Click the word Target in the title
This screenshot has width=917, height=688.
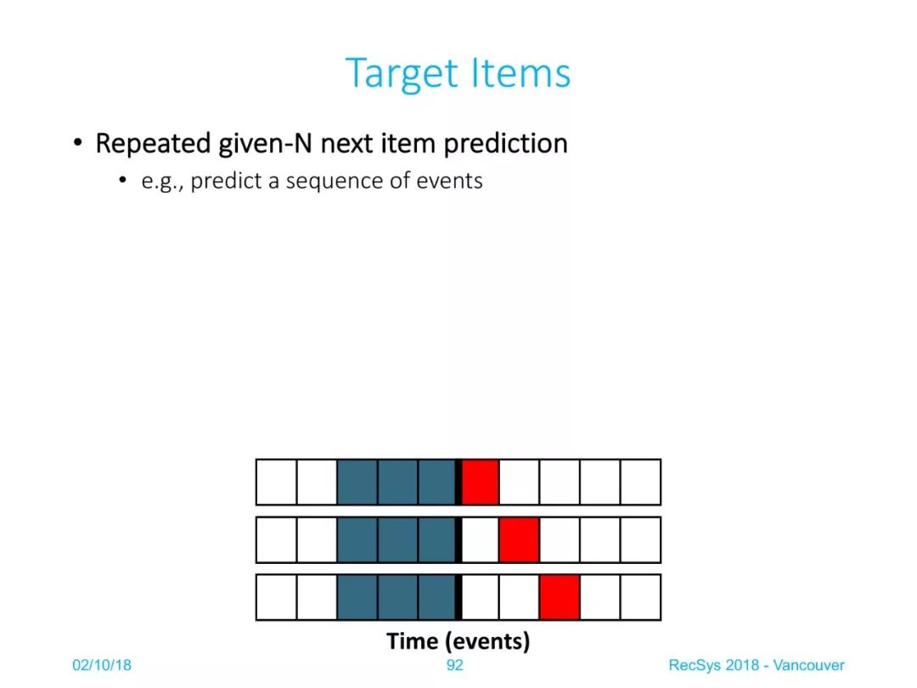tap(401, 74)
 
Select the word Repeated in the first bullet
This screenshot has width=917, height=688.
tap(153, 144)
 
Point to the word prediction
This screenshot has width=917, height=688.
tap(505, 144)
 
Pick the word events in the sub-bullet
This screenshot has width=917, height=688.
tap(449, 181)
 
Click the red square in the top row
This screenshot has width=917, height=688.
tap(480, 482)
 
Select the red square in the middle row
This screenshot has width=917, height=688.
tap(520, 540)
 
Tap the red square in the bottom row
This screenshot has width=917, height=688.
tap(560, 597)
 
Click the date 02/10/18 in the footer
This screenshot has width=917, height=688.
tap(102, 665)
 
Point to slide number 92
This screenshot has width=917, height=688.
tap(455, 665)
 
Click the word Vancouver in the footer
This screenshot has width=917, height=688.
tap(809, 665)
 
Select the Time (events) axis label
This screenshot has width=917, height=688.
tap(458, 641)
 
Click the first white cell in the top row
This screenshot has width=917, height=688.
tap(277, 482)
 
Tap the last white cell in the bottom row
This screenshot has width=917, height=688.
tap(640, 597)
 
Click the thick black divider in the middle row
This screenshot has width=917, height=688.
tap(458, 540)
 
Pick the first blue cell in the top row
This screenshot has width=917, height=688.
tap(357, 482)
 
